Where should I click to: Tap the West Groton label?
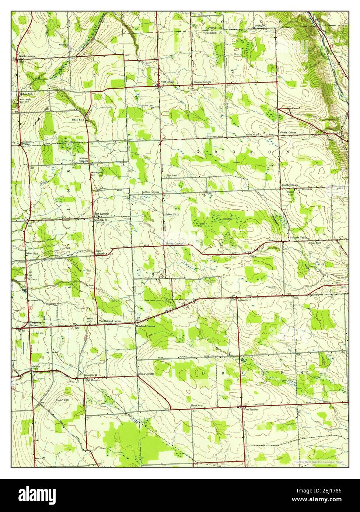pyautogui.click(x=167, y=82)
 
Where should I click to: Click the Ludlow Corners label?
pyautogui.click(x=151, y=192)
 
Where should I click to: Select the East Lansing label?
pyautogui.click(x=101, y=214)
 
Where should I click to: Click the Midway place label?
pyautogui.click(x=32, y=279)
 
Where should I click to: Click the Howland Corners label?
pyautogui.click(x=146, y=326)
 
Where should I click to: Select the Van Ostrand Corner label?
pyautogui.click(x=110, y=321)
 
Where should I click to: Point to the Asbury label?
pyautogui.click(x=36, y=367)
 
